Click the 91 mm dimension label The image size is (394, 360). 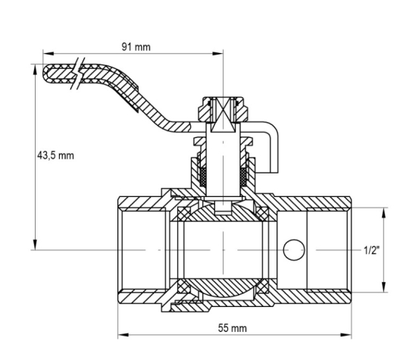click(x=136, y=47)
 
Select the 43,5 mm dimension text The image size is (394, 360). click(x=55, y=155)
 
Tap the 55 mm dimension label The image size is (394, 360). click(x=233, y=328)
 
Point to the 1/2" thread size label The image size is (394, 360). click(x=371, y=250)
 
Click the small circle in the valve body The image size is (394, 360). click(x=294, y=249)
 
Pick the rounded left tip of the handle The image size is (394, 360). click(x=45, y=74)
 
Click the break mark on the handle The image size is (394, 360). click(x=78, y=74)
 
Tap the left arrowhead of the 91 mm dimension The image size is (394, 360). click(x=48, y=54)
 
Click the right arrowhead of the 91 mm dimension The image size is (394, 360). click(x=217, y=54)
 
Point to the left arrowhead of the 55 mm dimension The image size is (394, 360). click(x=124, y=335)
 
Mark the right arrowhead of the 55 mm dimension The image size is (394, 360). click(x=346, y=335)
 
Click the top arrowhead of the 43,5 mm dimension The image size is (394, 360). click(x=35, y=70)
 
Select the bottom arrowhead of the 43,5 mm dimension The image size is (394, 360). click(x=35, y=244)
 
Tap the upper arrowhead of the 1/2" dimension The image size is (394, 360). click(x=383, y=214)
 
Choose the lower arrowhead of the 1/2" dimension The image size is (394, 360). click(x=383, y=286)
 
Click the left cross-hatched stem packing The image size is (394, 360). click(x=203, y=177)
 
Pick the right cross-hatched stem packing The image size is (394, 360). click(x=243, y=177)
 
